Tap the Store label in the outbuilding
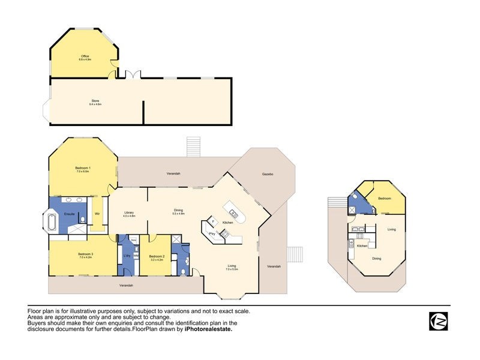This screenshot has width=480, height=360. (95, 100)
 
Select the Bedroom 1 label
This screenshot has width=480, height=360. (82, 167)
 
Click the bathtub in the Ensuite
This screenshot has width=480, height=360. (52, 221)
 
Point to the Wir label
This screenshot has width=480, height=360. (97, 213)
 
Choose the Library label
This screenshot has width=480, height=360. (129, 212)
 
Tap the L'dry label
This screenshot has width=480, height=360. (127, 256)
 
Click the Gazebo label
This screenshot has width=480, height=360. (268, 174)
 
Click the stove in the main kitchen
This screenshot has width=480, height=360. (223, 235)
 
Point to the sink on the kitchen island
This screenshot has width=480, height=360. (233, 213)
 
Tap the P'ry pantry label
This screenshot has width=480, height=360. (212, 233)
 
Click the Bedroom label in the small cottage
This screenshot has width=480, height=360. (385, 199)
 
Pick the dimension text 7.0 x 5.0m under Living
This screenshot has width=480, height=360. (232, 269)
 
